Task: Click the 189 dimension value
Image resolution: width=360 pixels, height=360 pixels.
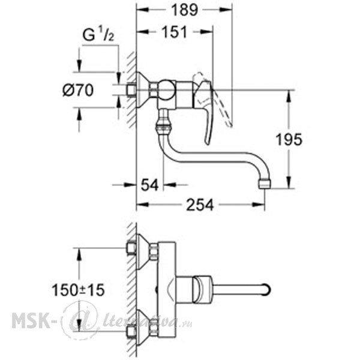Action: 185,10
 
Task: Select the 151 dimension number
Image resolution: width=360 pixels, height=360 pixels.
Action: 175,32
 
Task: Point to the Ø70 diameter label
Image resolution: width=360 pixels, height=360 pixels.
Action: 78,90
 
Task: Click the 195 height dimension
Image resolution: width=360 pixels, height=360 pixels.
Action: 289,139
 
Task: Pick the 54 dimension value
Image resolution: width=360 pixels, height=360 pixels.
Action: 149,185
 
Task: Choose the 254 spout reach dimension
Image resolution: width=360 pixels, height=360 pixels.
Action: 200,205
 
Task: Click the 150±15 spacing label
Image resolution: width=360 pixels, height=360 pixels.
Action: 78,290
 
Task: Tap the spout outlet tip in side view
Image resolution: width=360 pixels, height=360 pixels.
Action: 265,184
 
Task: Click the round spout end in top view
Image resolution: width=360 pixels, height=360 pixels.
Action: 266,290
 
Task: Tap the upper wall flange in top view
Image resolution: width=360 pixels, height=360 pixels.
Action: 143,252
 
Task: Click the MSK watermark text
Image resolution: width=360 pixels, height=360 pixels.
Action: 31,320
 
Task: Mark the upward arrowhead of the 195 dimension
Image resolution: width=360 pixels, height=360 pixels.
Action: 289,97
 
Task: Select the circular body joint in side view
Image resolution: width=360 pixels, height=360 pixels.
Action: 166,90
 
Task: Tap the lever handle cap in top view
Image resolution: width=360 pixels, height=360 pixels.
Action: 202,289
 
